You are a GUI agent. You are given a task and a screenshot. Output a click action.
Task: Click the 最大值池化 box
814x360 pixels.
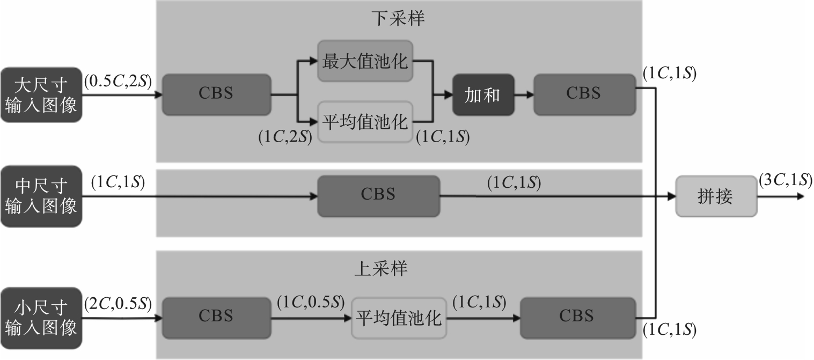coord(365,61)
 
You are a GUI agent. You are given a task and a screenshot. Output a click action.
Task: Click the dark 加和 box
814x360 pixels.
coord(483,95)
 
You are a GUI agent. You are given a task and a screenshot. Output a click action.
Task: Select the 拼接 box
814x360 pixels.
coord(715,196)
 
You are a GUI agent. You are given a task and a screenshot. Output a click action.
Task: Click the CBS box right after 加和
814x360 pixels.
coord(584,94)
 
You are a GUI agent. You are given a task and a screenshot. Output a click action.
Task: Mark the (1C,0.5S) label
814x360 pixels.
coord(310,303)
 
